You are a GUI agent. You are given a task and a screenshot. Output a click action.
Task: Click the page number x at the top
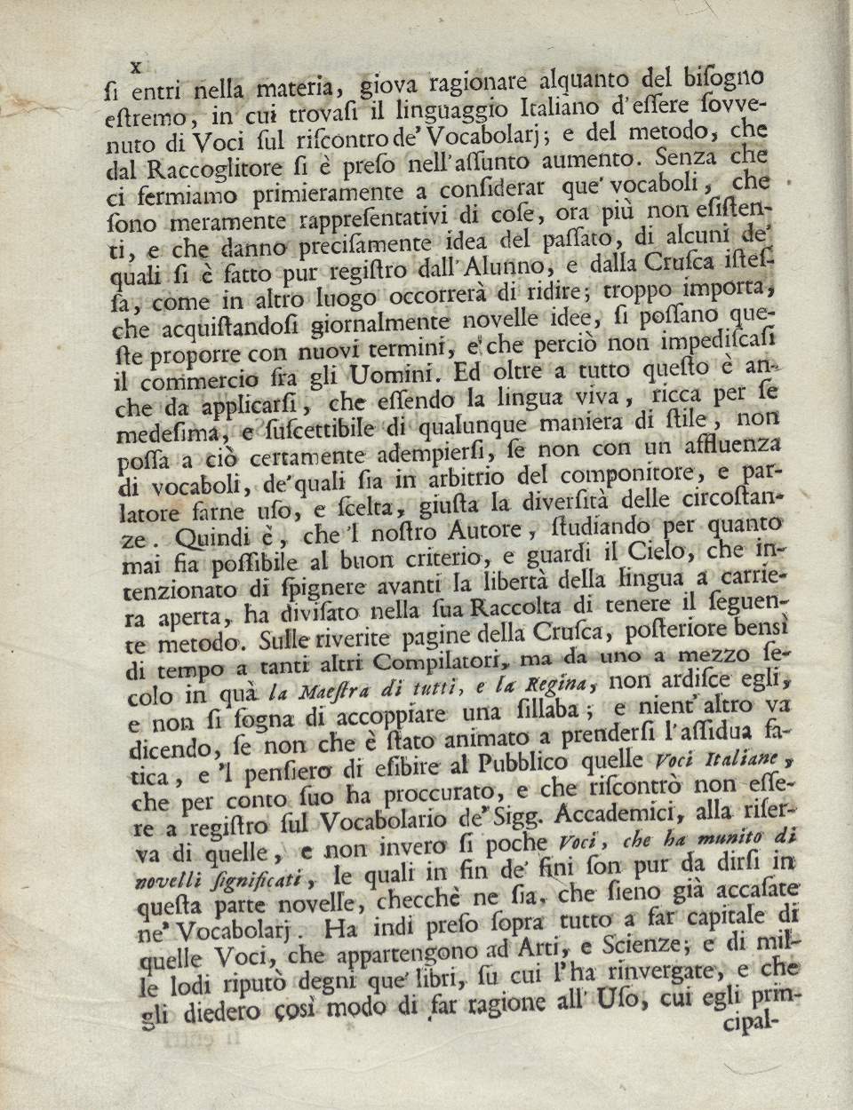[x=137, y=67]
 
